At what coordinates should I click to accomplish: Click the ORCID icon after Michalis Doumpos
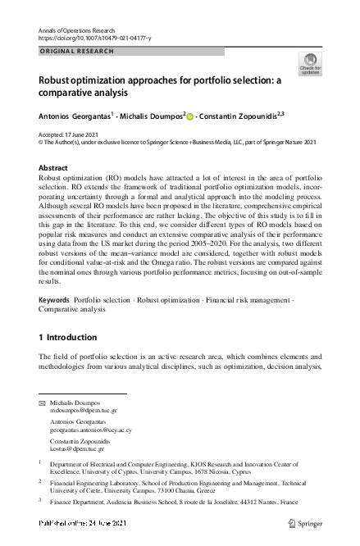(x=190, y=117)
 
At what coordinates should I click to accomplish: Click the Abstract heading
(x=53, y=167)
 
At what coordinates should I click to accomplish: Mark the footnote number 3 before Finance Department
(x=40, y=497)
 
